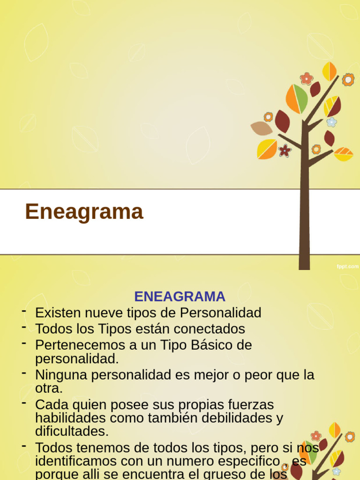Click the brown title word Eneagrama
click(84, 212)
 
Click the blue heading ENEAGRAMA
click(180, 297)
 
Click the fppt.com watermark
click(347, 266)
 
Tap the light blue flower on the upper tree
click(332, 122)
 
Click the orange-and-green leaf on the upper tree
click(297, 99)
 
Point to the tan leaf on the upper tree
click(261, 127)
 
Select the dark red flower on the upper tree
click(285, 150)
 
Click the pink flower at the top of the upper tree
click(307, 78)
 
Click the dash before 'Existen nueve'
click(23, 311)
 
